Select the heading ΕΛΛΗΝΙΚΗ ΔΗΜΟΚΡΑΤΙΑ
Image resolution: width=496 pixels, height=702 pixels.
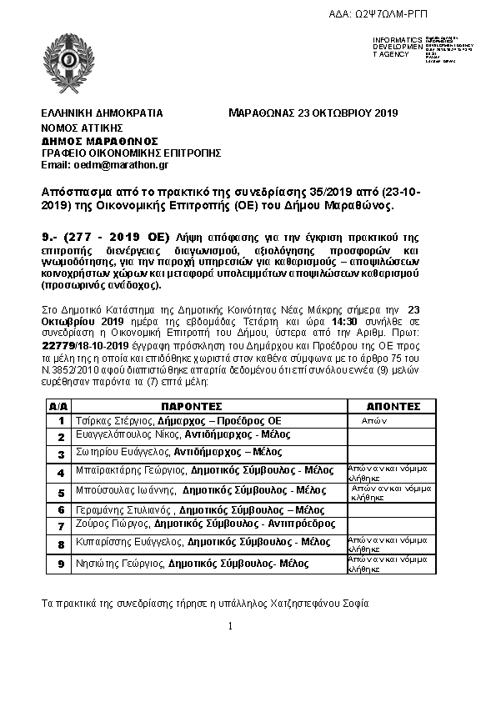point(102,113)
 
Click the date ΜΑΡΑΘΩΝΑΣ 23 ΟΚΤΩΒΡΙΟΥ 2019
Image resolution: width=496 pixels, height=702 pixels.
point(313,113)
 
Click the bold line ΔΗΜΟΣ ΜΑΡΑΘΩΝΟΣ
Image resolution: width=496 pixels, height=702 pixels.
point(100,141)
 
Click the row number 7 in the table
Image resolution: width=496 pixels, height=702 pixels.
point(60,527)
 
